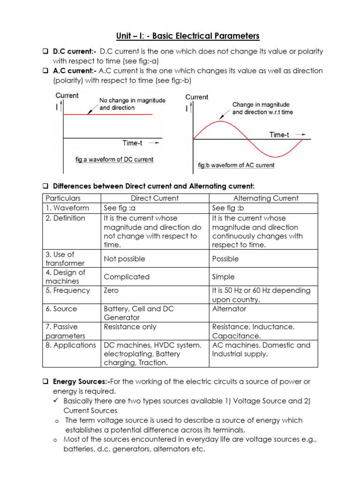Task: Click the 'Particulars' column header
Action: point(63,198)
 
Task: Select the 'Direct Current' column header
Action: point(155,198)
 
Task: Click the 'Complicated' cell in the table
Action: point(127,277)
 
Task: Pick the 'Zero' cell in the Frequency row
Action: point(111,291)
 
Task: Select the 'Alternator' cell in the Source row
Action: point(229,309)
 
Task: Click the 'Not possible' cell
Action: point(124,259)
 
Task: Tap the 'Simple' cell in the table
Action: point(223,277)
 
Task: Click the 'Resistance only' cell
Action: point(130,327)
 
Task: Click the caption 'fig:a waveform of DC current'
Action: point(114,160)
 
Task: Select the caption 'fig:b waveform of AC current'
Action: point(236,165)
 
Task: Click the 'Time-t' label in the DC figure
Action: point(133,143)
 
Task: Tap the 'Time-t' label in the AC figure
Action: point(279,135)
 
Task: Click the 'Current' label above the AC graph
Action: point(197,97)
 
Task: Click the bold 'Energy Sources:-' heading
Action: point(82,382)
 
